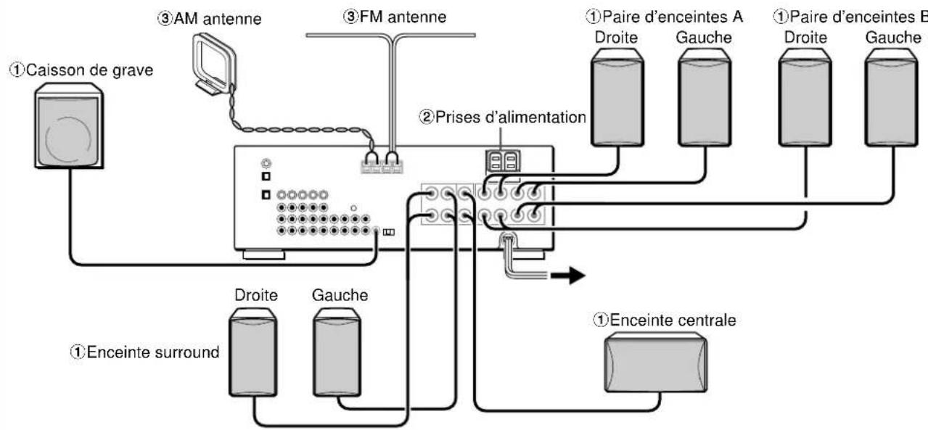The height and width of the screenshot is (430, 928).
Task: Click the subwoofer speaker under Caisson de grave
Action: (69, 126)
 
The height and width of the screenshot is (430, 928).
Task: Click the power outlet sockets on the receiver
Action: (503, 161)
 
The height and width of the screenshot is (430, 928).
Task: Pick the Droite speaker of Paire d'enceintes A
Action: (617, 97)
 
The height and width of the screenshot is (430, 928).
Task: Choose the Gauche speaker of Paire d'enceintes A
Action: (705, 97)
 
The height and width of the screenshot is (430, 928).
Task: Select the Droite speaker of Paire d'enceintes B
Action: (805, 97)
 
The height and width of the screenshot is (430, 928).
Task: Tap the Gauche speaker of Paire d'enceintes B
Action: (892, 97)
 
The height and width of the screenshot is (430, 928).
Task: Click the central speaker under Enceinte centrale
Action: (656, 362)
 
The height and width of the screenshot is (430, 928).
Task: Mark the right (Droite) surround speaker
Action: (253, 352)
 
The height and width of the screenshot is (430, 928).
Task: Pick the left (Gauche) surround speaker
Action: (337, 352)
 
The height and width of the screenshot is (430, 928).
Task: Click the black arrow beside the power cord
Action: (567, 275)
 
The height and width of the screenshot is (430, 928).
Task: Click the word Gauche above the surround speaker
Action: (340, 295)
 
